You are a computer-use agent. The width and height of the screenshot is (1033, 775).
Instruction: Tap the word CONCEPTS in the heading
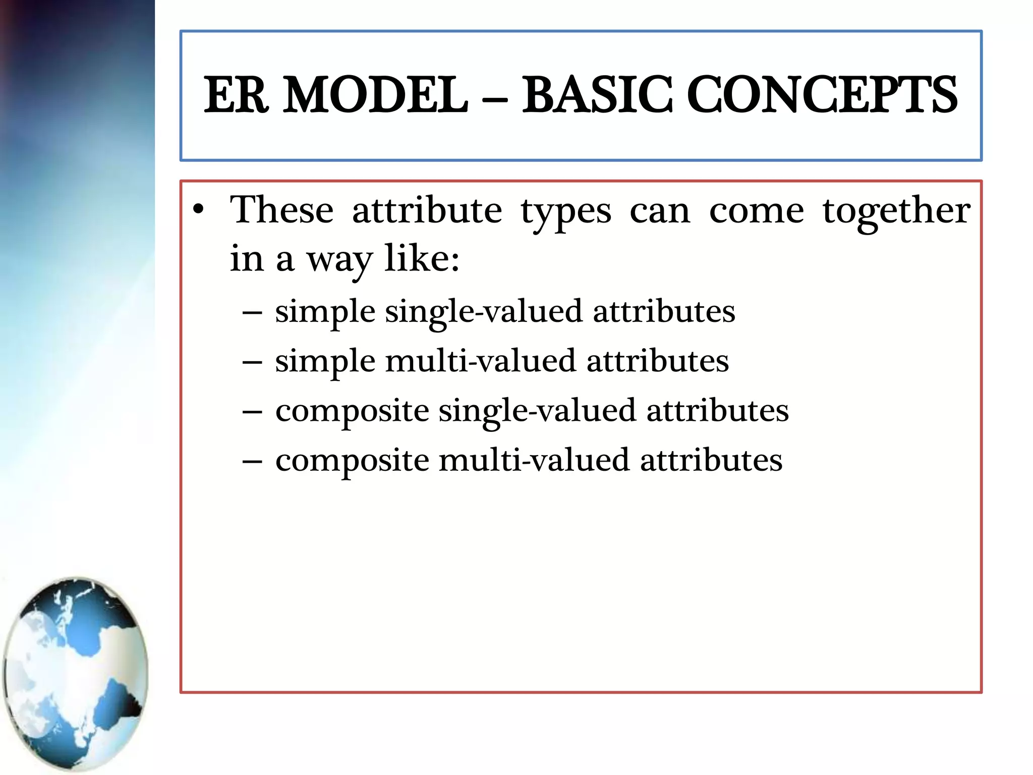[822, 95]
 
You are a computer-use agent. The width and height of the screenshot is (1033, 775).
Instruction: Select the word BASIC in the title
[597, 95]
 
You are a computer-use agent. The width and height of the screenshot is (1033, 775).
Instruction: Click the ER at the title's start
[235, 95]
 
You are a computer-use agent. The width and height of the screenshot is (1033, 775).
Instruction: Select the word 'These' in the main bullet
[281, 210]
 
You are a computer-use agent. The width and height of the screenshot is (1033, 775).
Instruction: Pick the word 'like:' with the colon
[422, 258]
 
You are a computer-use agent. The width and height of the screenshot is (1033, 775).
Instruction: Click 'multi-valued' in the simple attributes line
[480, 361]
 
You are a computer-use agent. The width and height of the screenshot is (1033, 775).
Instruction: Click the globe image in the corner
[76, 673]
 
